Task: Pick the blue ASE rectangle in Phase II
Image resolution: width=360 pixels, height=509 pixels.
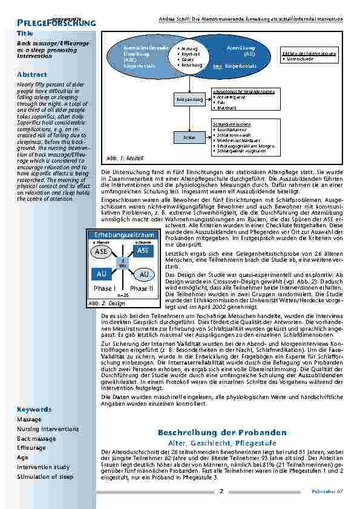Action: pos(143,250)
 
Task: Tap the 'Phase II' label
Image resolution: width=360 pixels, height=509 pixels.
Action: pos(141,288)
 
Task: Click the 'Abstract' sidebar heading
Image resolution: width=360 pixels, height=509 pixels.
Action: pos(32,74)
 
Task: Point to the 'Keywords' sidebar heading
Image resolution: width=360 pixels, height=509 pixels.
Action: pos(34,409)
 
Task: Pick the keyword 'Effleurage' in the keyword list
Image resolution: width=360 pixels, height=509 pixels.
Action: pos(31,448)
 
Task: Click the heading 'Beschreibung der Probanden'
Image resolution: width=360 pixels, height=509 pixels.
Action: pos(222,433)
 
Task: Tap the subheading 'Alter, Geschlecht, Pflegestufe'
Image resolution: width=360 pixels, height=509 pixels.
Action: pos(221,443)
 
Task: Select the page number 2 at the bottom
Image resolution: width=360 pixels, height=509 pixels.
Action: pos(222,491)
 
